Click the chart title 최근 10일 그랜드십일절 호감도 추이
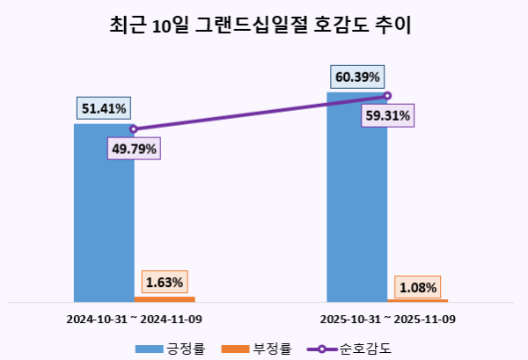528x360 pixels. pos(263,26)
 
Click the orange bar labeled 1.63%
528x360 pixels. pos(165,299)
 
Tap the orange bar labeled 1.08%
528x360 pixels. pos(417,300)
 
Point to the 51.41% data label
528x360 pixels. pos(104,109)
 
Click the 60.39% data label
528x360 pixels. pos(356,77)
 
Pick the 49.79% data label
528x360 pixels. pos(134,149)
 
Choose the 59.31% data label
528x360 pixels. pos(387,115)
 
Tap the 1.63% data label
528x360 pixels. pos(165,282)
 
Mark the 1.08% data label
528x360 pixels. pos(418,287)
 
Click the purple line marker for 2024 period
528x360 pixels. pos(134,129)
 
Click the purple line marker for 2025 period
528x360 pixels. pos(387,96)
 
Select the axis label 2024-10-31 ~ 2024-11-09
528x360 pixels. pos(134,318)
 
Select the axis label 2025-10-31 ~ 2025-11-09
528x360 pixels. pos(387,318)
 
